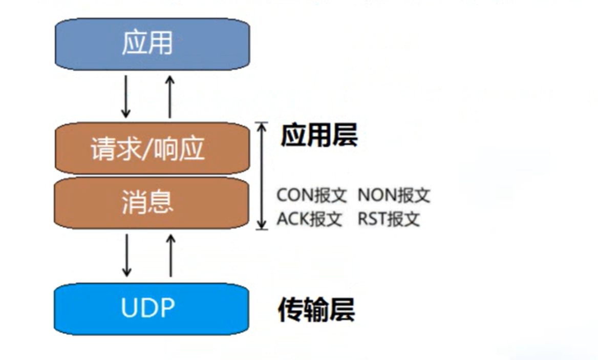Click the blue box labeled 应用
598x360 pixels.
(x=152, y=44)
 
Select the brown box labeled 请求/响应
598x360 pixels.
(x=152, y=149)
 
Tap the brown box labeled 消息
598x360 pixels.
(x=152, y=202)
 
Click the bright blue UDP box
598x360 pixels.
(x=152, y=308)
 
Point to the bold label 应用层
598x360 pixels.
(x=318, y=136)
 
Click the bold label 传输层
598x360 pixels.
(x=316, y=310)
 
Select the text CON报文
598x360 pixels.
(x=311, y=195)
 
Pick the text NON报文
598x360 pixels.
(x=393, y=195)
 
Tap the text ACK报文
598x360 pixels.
(x=309, y=219)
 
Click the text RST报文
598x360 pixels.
(x=389, y=219)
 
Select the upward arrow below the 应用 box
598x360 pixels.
(x=170, y=96)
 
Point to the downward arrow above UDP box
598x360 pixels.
(x=126, y=255)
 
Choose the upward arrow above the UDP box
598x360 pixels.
(x=171, y=255)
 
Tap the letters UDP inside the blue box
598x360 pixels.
(x=148, y=308)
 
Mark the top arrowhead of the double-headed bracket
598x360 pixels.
(x=262, y=126)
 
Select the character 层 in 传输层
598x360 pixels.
(x=341, y=310)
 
